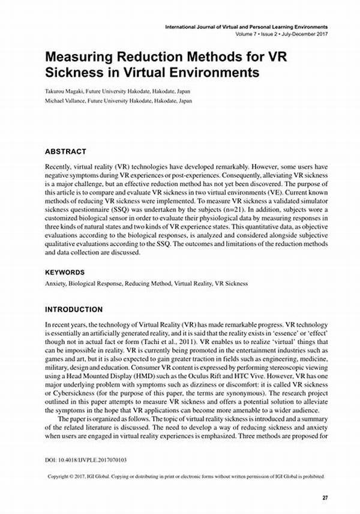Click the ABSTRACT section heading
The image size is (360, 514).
tap(66, 152)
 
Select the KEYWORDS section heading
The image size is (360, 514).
tap(68, 272)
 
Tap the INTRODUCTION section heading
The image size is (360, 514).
tap(74, 310)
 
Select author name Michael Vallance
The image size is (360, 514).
tap(67, 101)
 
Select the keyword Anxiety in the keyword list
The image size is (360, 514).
tap(56, 283)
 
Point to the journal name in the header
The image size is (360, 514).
tap(247, 28)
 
